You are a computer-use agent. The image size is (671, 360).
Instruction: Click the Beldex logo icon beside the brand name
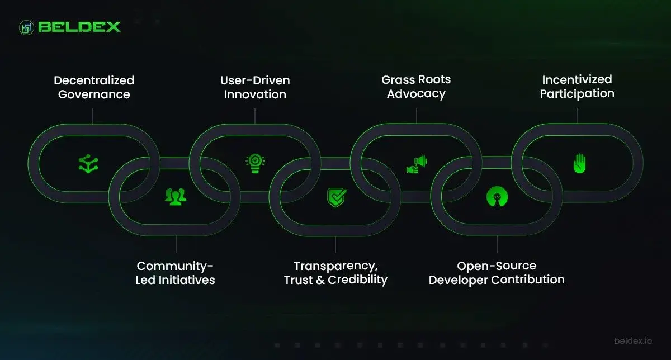[x=27, y=27]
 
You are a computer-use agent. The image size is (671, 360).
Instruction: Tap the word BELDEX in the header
[x=79, y=27]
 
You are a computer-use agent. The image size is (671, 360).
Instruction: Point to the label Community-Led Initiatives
[x=175, y=272]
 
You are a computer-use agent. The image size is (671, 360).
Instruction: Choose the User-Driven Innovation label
[x=255, y=87]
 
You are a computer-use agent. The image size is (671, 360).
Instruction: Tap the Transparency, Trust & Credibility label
[x=335, y=272]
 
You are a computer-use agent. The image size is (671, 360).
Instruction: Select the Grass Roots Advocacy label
[x=416, y=86]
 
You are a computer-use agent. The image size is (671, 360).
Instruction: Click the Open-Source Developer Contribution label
[x=497, y=272]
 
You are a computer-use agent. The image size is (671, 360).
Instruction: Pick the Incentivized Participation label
[x=577, y=86]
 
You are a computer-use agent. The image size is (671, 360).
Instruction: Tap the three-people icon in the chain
[x=175, y=196]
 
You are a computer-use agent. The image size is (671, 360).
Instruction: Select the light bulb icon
[x=255, y=163]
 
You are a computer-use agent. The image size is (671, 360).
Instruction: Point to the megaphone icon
[x=417, y=163]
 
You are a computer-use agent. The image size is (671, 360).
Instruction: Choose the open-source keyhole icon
[x=497, y=196]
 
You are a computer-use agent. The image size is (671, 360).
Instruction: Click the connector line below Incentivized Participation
[x=577, y=115]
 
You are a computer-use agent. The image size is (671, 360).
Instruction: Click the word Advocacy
[x=416, y=93]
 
